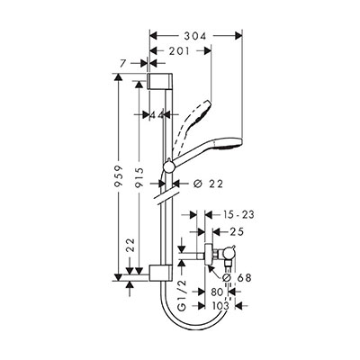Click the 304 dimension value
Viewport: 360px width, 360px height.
(x=195, y=36)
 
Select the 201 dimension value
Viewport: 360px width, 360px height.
(x=179, y=51)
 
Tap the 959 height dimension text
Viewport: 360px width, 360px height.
(x=119, y=176)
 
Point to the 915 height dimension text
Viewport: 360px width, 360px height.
(x=139, y=178)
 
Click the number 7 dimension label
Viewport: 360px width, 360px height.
(x=122, y=63)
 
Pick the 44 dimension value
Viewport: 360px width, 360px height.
(x=157, y=114)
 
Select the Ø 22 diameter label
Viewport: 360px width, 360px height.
(x=208, y=184)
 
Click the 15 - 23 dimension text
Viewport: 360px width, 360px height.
(x=238, y=215)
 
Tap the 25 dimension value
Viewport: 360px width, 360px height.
(x=237, y=231)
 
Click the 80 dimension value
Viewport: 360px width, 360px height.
(x=217, y=292)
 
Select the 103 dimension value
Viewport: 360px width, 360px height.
(x=220, y=306)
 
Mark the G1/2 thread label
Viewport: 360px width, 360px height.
(x=182, y=295)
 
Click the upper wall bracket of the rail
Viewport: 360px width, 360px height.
(x=159, y=81)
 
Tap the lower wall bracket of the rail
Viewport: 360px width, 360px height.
(x=159, y=274)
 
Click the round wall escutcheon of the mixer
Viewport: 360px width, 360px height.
(x=208, y=255)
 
